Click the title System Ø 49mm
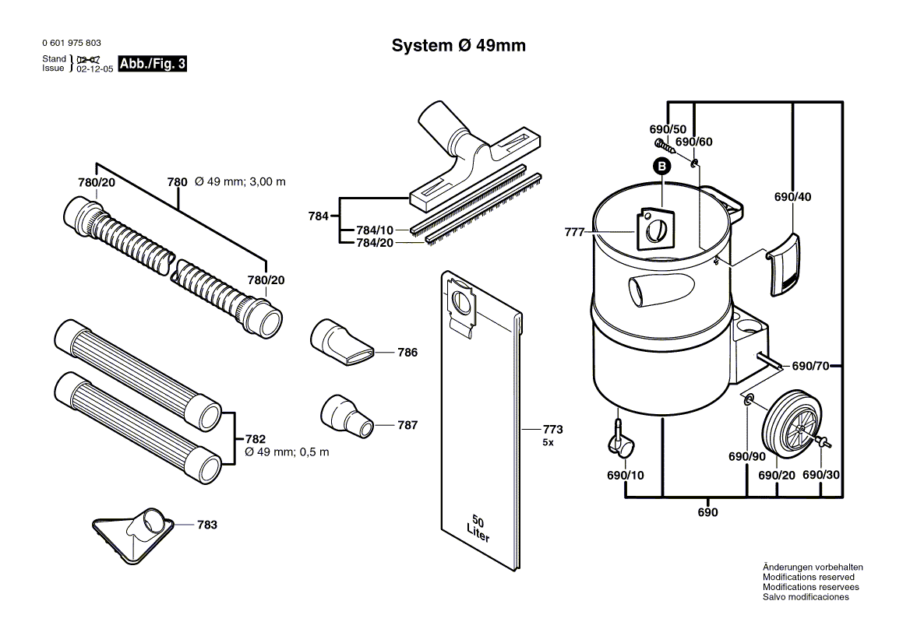pyautogui.click(x=458, y=46)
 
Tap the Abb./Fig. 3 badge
pyautogui.click(x=152, y=65)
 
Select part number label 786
pyautogui.click(x=407, y=353)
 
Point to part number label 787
pyautogui.click(x=407, y=425)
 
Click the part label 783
pyautogui.click(x=206, y=525)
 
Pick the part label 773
pyautogui.click(x=552, y=430)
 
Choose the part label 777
pyautogui.click(x=574, y=232)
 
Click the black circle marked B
pyautogui.click(x=661, y=166)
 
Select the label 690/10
pyautogui.click(x=626, y=476)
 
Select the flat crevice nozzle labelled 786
pyautogui.click(x=342, y=339)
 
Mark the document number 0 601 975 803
pyautogui.click(x=71, y=44)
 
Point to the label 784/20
pyautogui.click(x=375, y=243)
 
